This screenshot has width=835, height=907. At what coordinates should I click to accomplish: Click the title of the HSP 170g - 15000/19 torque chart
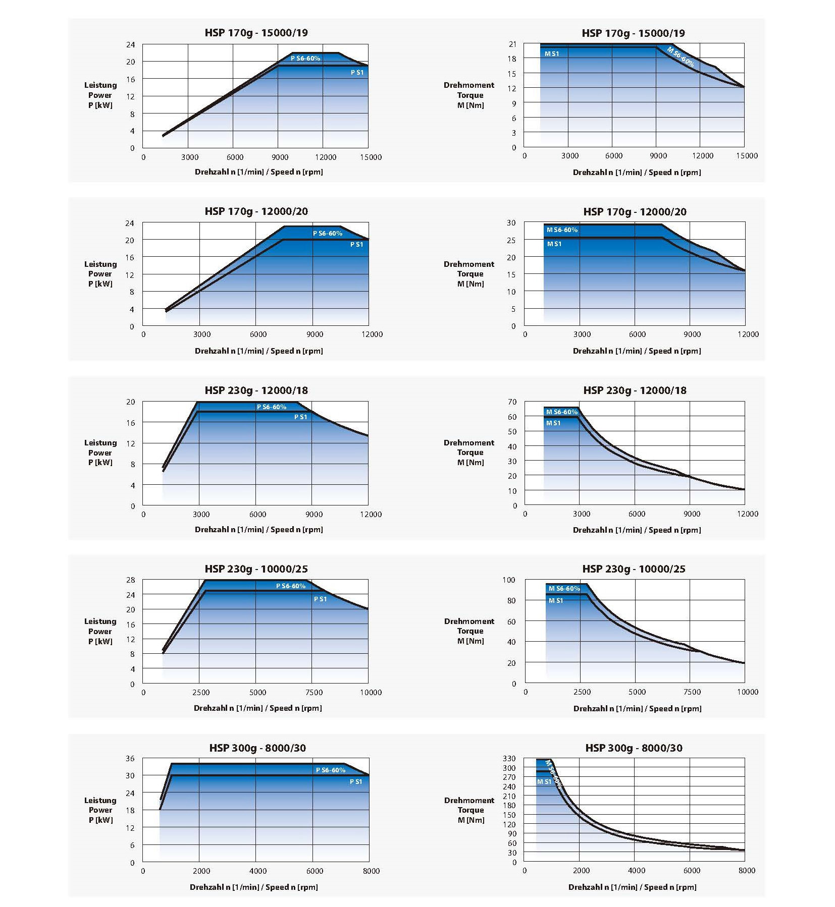pyautogui.click(x=633, y=33)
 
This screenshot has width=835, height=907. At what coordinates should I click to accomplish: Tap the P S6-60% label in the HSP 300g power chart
pyautogui.click(x=331, y=770)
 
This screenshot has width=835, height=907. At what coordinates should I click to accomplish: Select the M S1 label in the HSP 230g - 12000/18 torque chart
pyautogui.click(x=553, y=423)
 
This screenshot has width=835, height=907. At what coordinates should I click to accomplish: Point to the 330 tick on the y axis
pyautogui.click(x=509, y=758)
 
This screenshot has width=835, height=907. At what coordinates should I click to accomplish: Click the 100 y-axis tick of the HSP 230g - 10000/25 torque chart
pyautogui.click(x=509, y=580)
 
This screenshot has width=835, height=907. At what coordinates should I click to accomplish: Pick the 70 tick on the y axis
pyautogui.click(x=512, y=402)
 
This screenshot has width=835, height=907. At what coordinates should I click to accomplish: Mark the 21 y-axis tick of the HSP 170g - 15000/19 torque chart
pyautogui.click(x=512, y=44)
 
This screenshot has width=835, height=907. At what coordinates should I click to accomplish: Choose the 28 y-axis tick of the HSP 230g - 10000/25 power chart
pyautogui.click(x=130, y=580)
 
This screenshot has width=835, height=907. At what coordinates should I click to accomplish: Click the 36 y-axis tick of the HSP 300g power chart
pyautogui.click(x=130, y=758)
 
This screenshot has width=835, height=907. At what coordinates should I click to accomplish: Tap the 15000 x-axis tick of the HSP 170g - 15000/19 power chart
pyautogui.click(x=371, y=157)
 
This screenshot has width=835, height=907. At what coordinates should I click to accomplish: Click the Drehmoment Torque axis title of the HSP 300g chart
pyautogui.click(x=469, y=810)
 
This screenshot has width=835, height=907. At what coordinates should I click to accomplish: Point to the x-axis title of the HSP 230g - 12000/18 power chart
pyautogui.click(x=258, y=529)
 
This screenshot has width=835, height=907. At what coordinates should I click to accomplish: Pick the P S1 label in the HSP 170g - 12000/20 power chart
pyautogui.click(x=357, y=244)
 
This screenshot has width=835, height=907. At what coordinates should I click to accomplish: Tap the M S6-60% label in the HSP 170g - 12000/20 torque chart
pyautogui.click(x=562, y=230)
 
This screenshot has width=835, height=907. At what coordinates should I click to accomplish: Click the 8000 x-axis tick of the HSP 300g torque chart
pyautogui.click(x=747, y=870)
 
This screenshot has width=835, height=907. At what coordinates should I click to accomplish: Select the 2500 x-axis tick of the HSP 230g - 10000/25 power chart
pyautogui.click(x=201, y=692)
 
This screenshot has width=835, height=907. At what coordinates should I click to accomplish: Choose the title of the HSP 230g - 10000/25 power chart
pyautogui.click(x=256, y=569)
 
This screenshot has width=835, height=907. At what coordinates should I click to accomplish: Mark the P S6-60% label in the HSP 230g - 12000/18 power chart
pyautogui.click(x=272, y=407)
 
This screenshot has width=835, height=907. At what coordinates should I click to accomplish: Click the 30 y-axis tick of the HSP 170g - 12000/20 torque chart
pyautogui.click(x=511, y=222)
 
